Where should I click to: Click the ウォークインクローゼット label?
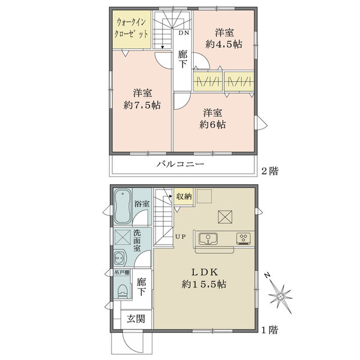131,28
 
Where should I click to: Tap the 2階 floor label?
269,171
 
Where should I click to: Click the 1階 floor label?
269,329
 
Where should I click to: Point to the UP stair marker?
181,236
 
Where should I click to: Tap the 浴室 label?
142,204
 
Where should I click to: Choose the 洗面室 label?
137,240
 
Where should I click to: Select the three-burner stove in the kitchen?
244,238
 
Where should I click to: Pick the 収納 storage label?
184,196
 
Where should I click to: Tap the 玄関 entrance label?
136,319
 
